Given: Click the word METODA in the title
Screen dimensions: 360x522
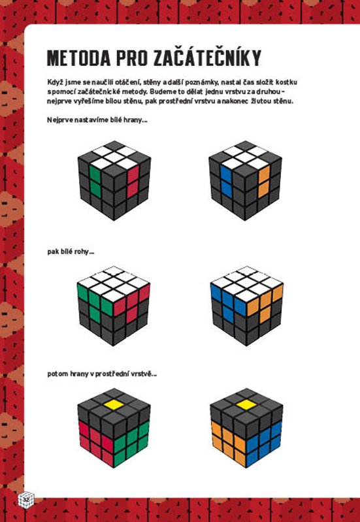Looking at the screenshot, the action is click(x=78, y=59).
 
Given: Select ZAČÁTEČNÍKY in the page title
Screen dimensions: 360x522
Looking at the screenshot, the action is click(x=207, y=57).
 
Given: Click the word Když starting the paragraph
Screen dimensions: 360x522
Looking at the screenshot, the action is click(x=54, y=82).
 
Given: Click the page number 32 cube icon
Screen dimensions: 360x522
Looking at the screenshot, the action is click(x=26, y=498).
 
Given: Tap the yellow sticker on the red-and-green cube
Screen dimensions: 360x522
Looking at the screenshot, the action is click(x=114, y=404).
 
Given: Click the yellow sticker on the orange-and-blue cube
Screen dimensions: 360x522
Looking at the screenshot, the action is click(x=246, y=404).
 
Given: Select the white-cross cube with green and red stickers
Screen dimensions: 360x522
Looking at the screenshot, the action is click(x=114, y=180).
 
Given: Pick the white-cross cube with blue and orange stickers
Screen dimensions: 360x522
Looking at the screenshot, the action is click(x=245, y=180).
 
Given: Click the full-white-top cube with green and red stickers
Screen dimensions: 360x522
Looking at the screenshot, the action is click(x=114, y=306).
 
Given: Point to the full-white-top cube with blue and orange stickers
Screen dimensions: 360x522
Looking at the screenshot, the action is click(x=247, y=306).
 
